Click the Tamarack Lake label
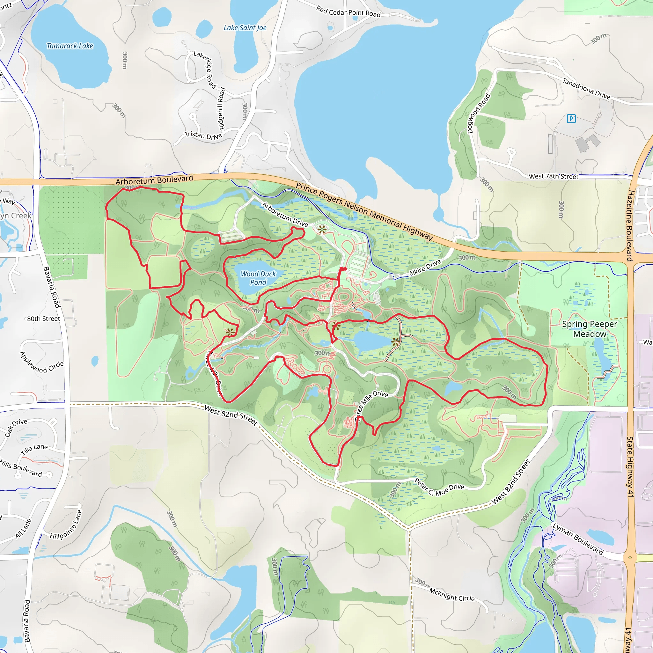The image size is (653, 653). [x=70, y=46]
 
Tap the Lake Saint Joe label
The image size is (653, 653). [x=245, y=28]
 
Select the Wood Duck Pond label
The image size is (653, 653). [x=258, y=278]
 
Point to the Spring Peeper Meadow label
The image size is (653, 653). [x=590, y=329]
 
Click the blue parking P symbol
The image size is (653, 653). [x=571, y=119]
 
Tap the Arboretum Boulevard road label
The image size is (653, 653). [x=154, y=180]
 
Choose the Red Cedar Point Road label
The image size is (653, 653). [x=348, y=12]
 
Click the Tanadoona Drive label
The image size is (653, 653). [x=586, y=89]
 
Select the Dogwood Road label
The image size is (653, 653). [x=478, y=114]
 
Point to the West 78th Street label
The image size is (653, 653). [x=553, y=176]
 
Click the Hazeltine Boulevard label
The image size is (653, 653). [x=630, y=226]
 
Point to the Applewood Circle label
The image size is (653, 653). [x=41, y=363]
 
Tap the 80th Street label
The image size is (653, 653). [x=44, y=319]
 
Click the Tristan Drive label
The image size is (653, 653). [x=203, y=135]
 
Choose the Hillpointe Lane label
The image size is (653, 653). [x=66, y=525]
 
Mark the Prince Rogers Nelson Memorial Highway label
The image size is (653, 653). [x=364, y=211]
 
